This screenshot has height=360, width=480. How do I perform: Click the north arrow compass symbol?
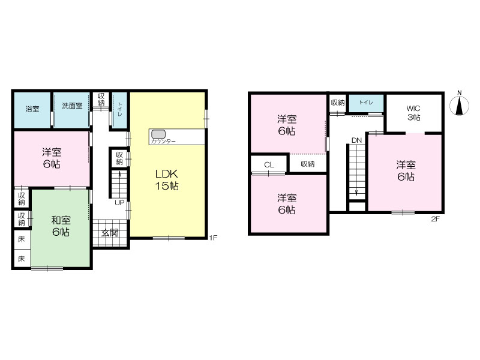(x=459, y=106)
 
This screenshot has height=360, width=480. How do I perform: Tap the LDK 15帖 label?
(x=167, y=179)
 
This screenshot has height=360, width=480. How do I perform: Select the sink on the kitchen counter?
(x=158, y=134)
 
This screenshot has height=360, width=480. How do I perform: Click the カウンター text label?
(x=163, y=142)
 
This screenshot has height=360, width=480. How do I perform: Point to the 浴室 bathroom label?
(x=32, y=109)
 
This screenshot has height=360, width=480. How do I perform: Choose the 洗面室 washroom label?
(x=72, y=106)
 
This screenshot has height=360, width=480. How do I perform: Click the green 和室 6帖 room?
(x=61, y=228)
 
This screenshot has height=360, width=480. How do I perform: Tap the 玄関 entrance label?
(x=110, y=233)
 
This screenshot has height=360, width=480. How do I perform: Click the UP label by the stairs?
(x=119, y=203)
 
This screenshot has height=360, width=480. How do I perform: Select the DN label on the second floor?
(x=356, y=140)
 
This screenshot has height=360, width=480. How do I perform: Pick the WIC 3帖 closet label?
(x=413, y=113)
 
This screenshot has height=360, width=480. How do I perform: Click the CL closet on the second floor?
(x=269, y=164)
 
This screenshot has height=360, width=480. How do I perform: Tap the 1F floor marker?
(x=214, y=238)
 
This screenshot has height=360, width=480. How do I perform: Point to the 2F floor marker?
(x=436, y=218)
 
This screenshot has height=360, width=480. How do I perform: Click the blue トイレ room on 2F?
(x=366, y=103)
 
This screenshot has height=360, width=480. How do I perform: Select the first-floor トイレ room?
(x=119, y=110)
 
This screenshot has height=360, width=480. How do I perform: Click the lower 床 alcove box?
(x=22, y=259)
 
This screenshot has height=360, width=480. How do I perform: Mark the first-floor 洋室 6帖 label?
(x=52, y=158)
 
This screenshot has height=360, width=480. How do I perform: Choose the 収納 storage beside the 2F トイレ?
(x=338, y=103)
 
